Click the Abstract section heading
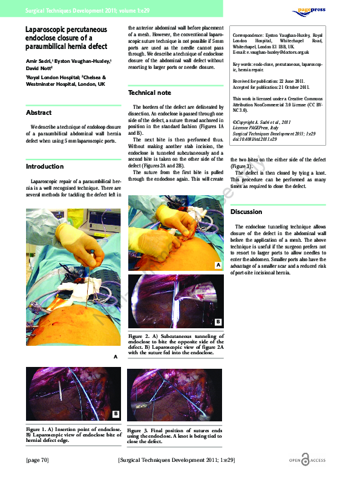click(39, 112)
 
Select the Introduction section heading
click(44, 166)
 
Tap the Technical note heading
click(149, 93)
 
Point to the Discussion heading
click(246, 212)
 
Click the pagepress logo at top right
click(313, 10)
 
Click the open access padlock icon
click(304, 461)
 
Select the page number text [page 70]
click(36, 461)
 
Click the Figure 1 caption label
click(38, 429)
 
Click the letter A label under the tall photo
click(115, 357)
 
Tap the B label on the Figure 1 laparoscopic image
click(115, 414)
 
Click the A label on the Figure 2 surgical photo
click(217, 265)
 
